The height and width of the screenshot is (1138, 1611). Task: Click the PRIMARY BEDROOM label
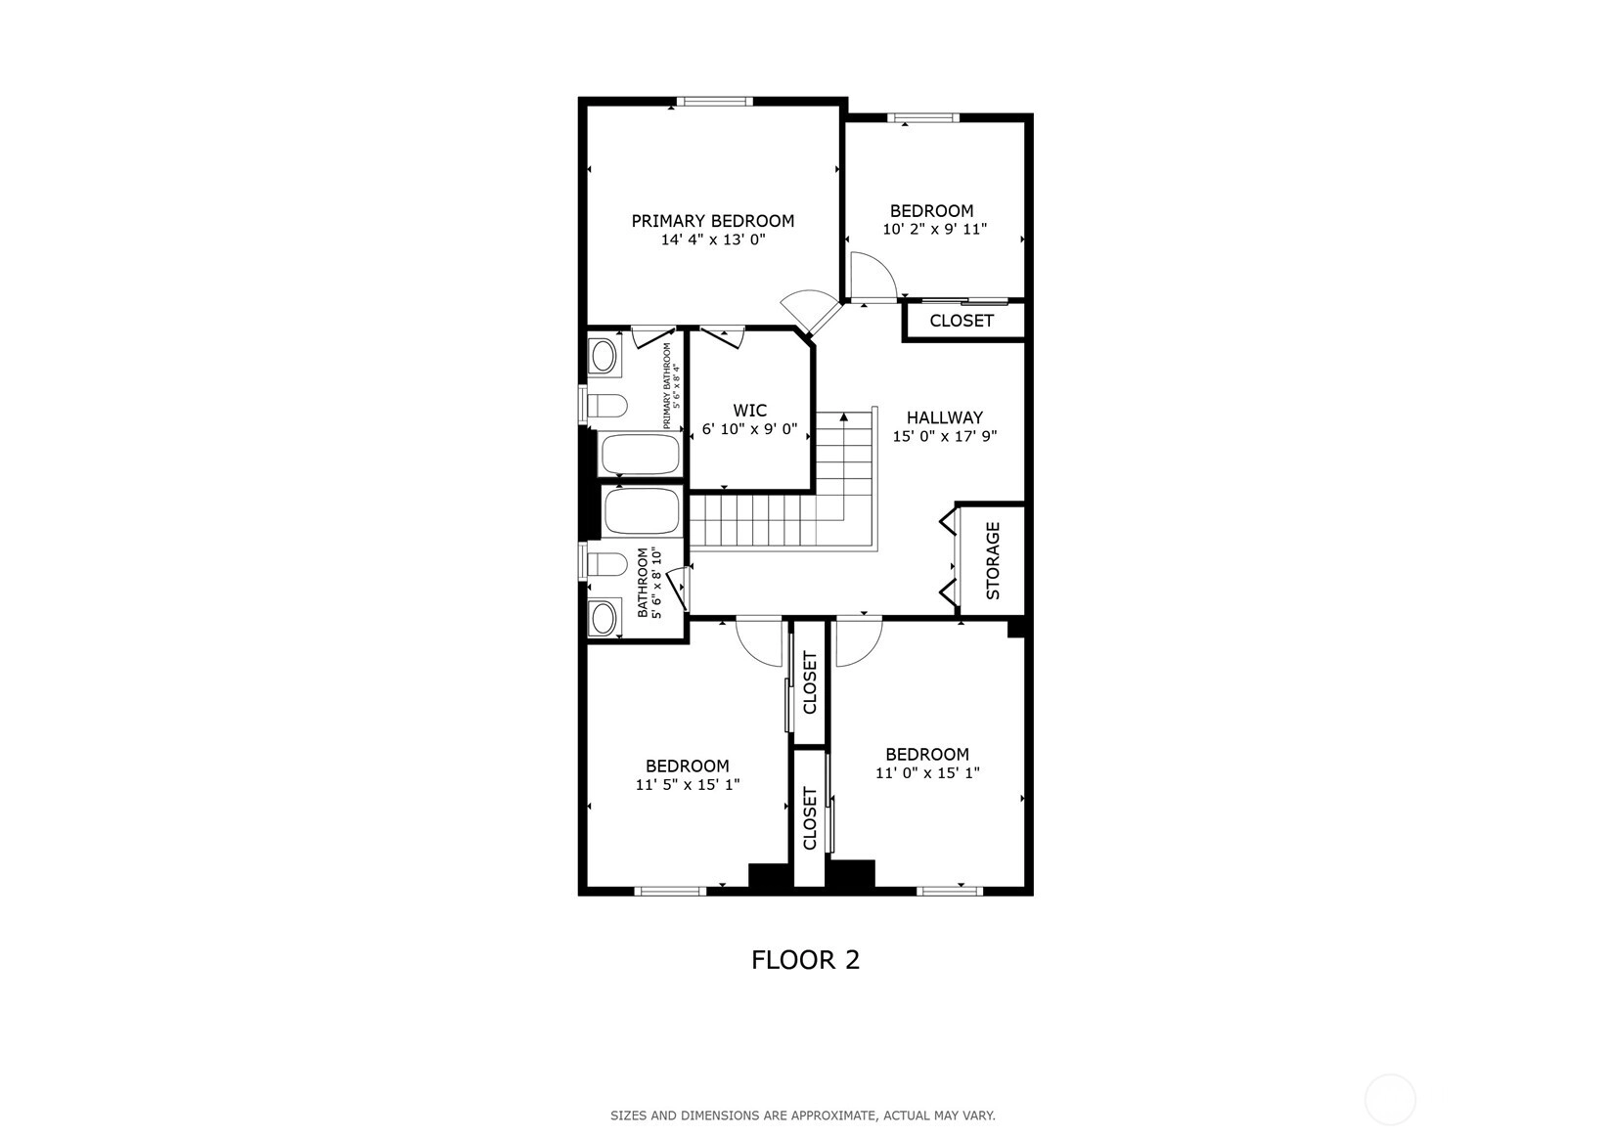[x=713, y=221]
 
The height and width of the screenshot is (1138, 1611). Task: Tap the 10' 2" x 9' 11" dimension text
[x=934, y=230]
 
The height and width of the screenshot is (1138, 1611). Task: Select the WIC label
[x=749, y=411]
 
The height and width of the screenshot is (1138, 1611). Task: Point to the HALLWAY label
[x=944, y=417]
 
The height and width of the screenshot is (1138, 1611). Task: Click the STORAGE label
[x=993, y=561]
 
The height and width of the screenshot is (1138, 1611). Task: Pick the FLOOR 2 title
[x=806, y=960]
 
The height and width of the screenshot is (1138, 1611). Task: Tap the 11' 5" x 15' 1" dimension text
[x=688, y=784]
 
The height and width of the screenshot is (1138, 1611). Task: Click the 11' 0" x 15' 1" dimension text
[x=927, y=772]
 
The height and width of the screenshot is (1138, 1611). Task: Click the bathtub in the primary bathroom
[x=639, y=455]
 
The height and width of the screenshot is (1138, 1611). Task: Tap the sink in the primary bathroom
[x=604, y=357]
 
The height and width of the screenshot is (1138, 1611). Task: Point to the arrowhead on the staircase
[x=843, y=416]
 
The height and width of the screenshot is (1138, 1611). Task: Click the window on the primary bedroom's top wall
[x=714, y=102]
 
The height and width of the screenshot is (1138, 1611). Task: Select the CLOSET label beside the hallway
[x=962, y=321]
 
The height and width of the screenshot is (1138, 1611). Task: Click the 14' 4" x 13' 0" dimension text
[x=713, y=240]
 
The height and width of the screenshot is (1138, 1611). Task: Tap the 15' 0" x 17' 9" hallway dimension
[x=944, y=436]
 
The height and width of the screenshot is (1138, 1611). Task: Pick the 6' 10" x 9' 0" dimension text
[x=749, y=429]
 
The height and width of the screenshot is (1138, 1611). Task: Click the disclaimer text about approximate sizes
[x=803, y=1116]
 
